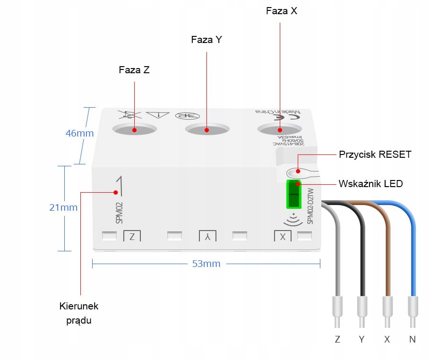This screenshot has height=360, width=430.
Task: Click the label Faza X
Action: (282, 11)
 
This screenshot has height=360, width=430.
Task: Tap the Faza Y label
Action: (206, 40)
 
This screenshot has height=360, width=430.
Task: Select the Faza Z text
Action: (134, 70)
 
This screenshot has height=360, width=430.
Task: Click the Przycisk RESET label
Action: (375, 154)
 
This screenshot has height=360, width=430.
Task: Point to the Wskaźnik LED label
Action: (371, 183)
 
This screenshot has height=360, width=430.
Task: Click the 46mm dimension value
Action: (79, 133)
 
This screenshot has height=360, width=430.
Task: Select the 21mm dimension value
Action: (63, 207)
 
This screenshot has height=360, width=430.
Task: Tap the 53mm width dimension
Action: (206, 264)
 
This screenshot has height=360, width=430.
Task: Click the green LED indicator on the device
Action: (294, 194)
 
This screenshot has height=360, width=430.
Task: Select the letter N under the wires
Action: (413, 339)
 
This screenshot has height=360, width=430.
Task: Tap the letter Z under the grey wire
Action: (337, 339)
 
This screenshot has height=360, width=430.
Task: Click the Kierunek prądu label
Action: (79, 313)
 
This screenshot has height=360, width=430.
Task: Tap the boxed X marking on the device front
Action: (283, 236)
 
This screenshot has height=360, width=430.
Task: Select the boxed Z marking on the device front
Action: (132, 236)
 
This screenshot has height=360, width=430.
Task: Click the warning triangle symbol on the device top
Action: (157, 115)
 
